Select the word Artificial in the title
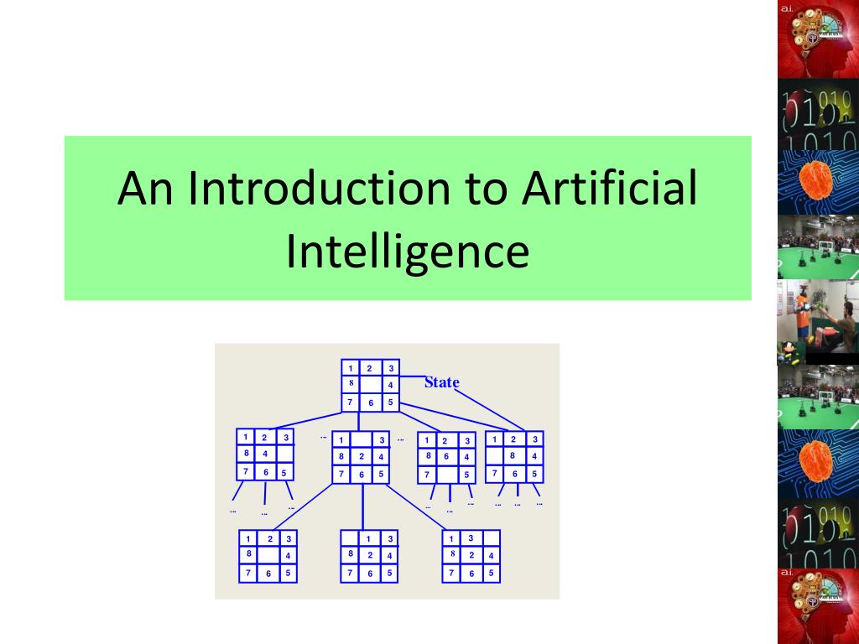[x=608, y=189]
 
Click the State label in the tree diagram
[x=441, y=383]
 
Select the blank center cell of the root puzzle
[x=370, y=385]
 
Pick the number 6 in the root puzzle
[x=370, y=403]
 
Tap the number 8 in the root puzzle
[x=351, y=383]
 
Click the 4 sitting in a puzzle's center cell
[x=264, y=454]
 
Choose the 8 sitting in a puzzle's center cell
[x=513, y=455]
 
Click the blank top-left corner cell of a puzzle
[x=351, y=538]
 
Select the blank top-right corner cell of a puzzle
[x=491, y=538]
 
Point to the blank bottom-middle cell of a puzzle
[x=445, y=475]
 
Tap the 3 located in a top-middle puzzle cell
[x=471, y=538]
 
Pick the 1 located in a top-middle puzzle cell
[x=368, y=538]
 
